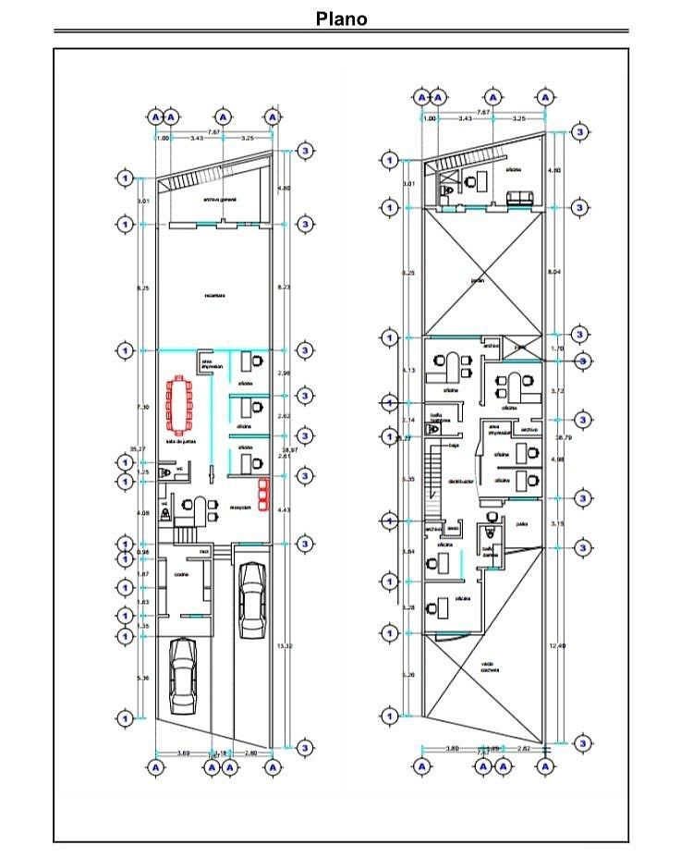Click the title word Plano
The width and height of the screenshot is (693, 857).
(342, 18)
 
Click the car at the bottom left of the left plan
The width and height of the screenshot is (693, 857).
(183, 677)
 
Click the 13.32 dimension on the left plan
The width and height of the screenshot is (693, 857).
(286, 646)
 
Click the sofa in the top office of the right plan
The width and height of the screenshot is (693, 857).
(521, 197)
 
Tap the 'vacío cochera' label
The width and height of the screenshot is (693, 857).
(490, 667)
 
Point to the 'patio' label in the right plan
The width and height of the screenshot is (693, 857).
(522, 523)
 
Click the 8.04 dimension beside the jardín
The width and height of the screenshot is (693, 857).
(554, 273)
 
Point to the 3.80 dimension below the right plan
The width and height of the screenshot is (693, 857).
(454, 747)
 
